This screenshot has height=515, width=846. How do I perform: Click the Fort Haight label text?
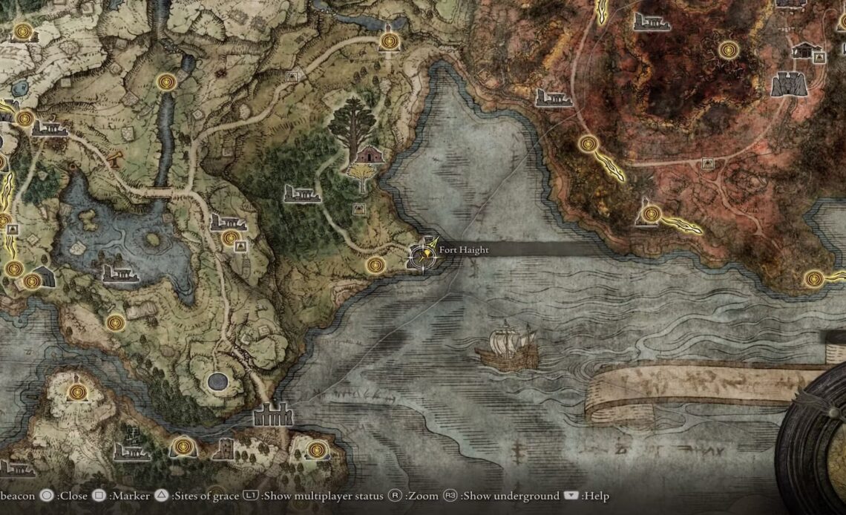click(x=463, y=250)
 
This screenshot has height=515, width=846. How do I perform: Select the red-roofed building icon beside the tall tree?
click(x=368, y=155)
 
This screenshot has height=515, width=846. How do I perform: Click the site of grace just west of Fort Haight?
click(x=376, y=265)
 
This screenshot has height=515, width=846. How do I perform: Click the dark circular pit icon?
click(x=217, y=381)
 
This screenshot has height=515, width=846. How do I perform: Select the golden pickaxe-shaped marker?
click(x=114, y=157)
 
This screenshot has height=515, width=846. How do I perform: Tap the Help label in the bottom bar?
click(x=596, y=496)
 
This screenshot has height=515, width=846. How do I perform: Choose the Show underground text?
click(x=511, y=496)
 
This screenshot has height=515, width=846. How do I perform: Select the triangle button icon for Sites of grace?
click(x=162, y=496)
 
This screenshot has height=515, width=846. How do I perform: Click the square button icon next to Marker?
click(x=99, y=496)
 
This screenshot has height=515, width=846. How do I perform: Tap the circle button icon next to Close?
click(x=47, y=496)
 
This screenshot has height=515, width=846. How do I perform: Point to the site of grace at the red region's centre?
click(x=728, y=50)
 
